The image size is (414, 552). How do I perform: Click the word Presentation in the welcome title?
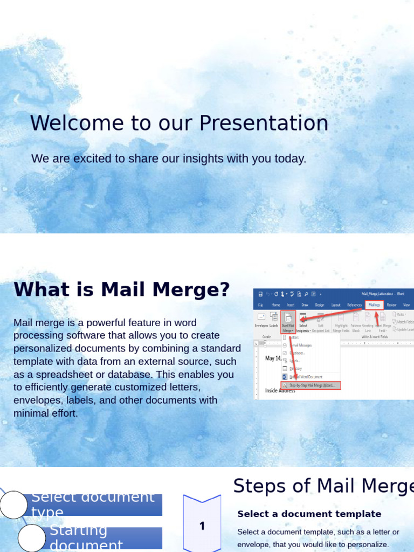(x=264, y=123)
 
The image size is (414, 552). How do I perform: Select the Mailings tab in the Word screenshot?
(x=374, y=305)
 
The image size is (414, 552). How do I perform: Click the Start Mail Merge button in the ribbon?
(x=288, y=321)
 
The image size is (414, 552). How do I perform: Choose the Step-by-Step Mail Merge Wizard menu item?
(x=311, y=385)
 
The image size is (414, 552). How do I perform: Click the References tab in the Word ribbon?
(x=354, y=305)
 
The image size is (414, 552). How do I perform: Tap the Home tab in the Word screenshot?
(x=276, y=305)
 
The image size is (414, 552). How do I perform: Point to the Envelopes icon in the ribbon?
(x=261, y=320)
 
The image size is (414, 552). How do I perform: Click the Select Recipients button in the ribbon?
(x=303, y=321)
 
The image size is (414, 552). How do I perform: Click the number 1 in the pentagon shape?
(x=202, y=526)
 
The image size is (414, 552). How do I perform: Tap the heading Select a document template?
(x=309, y=514)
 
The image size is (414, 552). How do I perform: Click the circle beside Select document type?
(x=13, y=505)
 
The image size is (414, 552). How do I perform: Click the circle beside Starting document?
(x=31, y=537)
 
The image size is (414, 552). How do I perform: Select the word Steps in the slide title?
(x=253, y=486)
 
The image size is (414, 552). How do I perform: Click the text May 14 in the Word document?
(x=273, y=358)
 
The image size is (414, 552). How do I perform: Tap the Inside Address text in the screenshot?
(x=280, y=390)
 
